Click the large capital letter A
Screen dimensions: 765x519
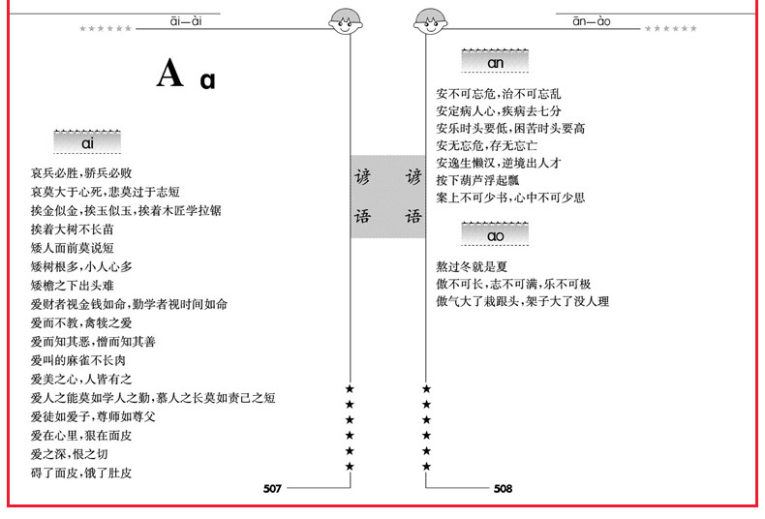(x=169, y=74)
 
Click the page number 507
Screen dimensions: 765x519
(x=271, y=489)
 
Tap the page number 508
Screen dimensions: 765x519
(x=503, y=489)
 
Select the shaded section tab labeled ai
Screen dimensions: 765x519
(x=86, y=143)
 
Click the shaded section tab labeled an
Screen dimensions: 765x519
(x=496, y=62)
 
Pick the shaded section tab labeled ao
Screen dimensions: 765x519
(x=496, y=235)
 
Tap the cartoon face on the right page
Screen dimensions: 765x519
(x=428, y=20)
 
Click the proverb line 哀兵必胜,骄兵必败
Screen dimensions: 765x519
(x=88, y=174)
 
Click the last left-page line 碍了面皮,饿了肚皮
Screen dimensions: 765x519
(x=81, y=473)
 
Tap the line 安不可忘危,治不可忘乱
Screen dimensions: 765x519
(x=499, y=94)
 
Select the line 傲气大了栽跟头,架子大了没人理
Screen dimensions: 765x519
(x=523, y=301)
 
